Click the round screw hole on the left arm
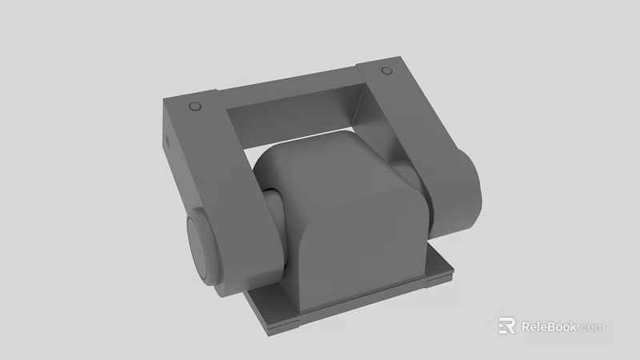click(x=194, y=107)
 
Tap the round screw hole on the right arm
click(x=387, y=71)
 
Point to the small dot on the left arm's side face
click(x=168, y=142)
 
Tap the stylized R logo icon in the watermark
click(x=506, y=326)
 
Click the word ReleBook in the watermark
click(x=550, y=326)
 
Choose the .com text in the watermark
click(x=593, y=327)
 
